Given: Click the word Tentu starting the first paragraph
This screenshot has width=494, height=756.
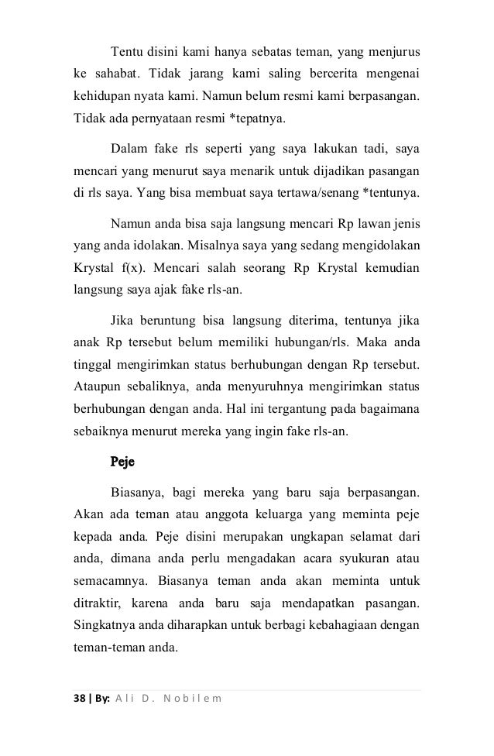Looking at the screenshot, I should (x=128, y=52).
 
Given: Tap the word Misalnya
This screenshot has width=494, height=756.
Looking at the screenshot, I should (x=203, y=246).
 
